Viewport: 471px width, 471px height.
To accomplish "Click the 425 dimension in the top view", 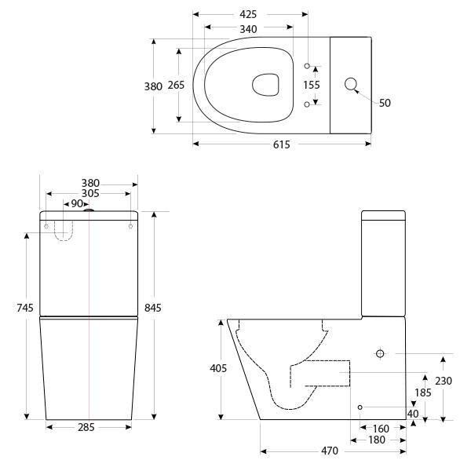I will (249, 14).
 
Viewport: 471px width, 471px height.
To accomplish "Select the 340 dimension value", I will (248, 29).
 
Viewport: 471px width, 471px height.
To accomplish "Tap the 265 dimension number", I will (177, 86).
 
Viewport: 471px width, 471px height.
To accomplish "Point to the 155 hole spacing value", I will (312, 85).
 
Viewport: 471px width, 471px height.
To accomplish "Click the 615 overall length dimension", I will (281, 144).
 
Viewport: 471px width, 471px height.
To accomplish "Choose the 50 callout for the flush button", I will (385, 103).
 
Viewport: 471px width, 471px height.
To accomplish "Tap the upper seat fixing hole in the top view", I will (307, 65).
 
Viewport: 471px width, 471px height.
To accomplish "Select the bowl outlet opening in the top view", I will (267, 85).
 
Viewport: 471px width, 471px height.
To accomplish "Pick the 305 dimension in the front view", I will (89, 193).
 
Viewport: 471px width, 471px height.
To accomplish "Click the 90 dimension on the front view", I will (77, 204).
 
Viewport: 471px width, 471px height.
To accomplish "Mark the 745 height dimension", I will (25, 309).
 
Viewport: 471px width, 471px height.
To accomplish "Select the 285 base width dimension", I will (88, 428).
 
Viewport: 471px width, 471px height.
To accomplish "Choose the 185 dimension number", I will (423, 392).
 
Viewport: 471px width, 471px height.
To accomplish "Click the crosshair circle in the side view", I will (380, 354).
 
